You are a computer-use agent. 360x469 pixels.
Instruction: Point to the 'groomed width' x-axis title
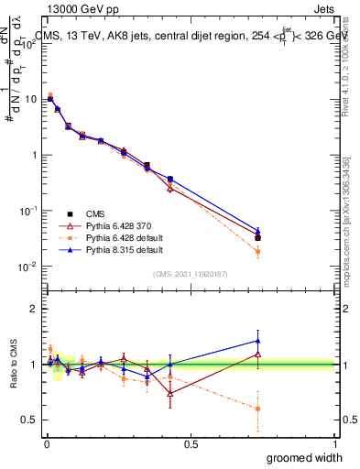306,457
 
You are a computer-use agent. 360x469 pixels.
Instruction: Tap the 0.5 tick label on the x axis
191,442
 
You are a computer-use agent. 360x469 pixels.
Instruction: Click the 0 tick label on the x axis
47,442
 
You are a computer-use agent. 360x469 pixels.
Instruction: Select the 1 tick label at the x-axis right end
334,442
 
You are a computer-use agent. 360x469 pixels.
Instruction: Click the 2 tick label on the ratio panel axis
36,309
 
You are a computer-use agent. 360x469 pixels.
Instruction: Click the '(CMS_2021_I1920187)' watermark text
191,273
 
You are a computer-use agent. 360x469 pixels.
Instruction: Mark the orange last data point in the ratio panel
257,409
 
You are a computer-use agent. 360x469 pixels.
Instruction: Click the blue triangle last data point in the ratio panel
257,341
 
